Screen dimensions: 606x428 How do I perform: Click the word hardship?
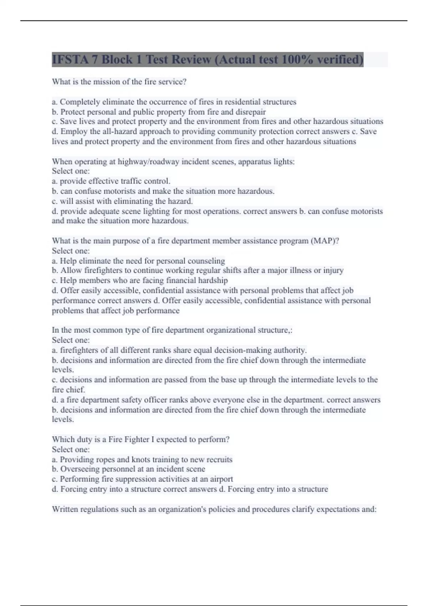213,280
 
